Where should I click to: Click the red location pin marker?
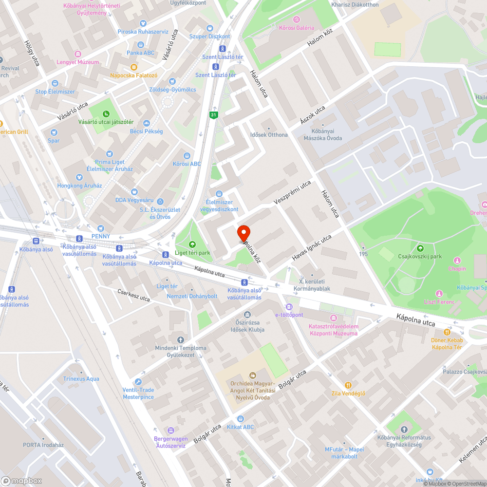(x=243, y=233)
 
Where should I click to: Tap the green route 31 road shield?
(x=213, y=115)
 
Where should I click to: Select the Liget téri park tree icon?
(x=192, y=244)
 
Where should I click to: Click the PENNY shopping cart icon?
(x=101, y=228)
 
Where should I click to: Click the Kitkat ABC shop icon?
(x=240, y=419)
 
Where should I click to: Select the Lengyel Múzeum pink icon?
(x=77, y=54)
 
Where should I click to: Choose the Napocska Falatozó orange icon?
(x=134, y=67)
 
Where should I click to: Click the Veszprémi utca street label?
(x=292, y=193)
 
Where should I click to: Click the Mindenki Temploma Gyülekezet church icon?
(x=181, y=339)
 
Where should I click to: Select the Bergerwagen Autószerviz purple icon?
(x=170, y=431)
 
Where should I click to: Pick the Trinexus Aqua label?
(x=81, y=379)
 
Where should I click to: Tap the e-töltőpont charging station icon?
(x=289, y=306)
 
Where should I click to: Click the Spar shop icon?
(x=54, y=132)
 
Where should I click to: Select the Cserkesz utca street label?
(x=134, y=295)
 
